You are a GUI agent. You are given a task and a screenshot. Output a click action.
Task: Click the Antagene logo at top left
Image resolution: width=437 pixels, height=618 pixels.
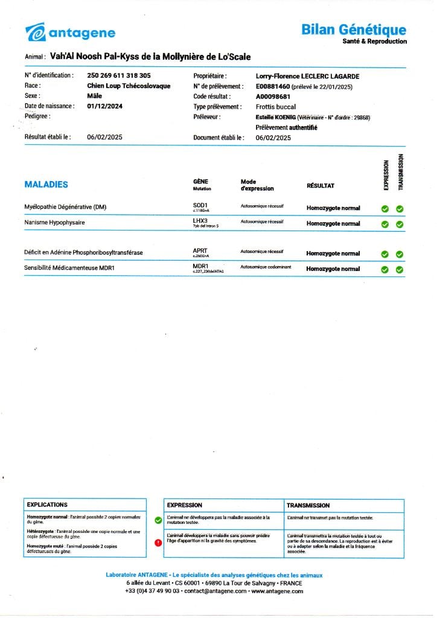coord(71,33)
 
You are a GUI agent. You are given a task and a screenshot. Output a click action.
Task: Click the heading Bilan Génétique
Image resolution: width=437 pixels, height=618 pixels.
coord(354,30)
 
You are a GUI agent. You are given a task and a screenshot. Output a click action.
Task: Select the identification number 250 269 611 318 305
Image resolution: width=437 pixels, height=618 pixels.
coord(119,76)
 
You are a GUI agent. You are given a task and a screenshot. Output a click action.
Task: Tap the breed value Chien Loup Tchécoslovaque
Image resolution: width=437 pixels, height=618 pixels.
coord(129,86)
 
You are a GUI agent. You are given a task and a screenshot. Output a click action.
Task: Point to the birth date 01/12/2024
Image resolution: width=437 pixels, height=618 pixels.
coord(105,106)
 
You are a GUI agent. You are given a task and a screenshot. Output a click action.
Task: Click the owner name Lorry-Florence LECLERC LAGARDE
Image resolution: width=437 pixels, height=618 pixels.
coord(307,76)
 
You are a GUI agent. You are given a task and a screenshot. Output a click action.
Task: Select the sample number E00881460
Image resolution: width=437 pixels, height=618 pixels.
coord(273,86)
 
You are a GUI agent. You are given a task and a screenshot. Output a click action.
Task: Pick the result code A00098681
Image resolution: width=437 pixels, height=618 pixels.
coord(273,97)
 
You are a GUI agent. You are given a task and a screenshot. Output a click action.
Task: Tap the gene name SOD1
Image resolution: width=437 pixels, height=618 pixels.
coord(200,205)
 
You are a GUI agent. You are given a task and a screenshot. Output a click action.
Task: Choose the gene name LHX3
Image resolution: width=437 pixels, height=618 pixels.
coord(200,221)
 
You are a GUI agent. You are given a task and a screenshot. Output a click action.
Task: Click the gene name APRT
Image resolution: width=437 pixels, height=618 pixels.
coord(200,250)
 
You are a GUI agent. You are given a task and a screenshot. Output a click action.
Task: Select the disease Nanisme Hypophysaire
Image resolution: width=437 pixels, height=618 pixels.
coord(54,223)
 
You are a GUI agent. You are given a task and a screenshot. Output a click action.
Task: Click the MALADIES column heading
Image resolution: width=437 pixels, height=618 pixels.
coord(46,185)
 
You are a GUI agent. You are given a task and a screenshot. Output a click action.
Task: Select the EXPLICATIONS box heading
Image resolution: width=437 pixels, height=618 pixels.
coord(47,505)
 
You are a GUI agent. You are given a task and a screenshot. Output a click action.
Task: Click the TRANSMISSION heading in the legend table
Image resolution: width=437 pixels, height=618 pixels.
coord(308,505)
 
